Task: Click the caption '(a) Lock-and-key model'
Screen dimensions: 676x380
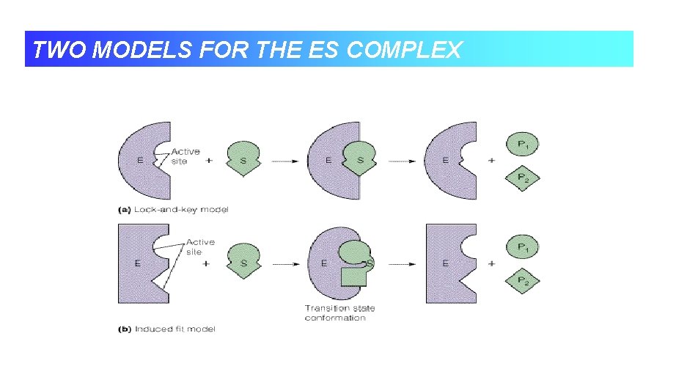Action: coord(173,210)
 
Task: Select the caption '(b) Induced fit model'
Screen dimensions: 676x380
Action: coord(167,329)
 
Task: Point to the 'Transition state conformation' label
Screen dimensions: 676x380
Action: coord(335,313)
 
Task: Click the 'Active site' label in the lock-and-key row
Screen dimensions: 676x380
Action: coord(185,157)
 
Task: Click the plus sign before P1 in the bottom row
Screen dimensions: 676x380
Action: coord(491,263)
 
